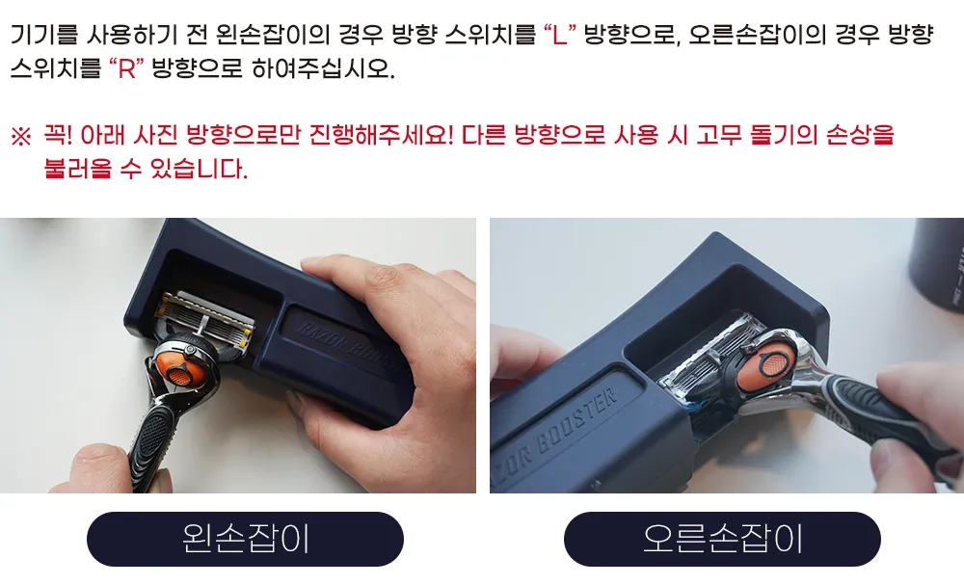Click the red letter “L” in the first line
click(559, 35)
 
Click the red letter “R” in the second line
click(126, 68)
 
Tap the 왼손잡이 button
click(245, 539)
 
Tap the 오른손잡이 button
click(722, 539)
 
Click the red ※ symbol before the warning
click(21, 136)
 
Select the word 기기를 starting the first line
click(43, 35)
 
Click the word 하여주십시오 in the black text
click(323, 68)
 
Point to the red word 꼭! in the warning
click(58, 135)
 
